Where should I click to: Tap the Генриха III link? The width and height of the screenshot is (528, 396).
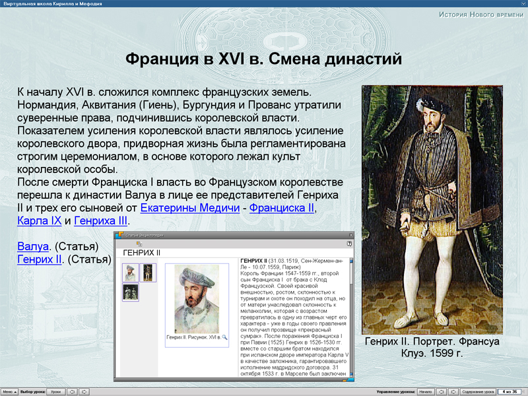[101, 220]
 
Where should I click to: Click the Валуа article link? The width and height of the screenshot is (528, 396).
[33, 246]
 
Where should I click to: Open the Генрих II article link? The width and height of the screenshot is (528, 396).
[40, 259]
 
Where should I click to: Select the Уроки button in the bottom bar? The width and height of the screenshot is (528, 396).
[56, 391]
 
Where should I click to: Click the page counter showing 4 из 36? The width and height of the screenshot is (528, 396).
[510, 391]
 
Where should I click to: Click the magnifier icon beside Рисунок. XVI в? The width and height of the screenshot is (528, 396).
[224, 337]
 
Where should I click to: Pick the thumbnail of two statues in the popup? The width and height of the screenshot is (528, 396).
[131, 292]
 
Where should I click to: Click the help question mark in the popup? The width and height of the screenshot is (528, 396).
[349, 244]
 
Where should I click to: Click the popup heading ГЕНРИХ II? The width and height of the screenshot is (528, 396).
[142, 252]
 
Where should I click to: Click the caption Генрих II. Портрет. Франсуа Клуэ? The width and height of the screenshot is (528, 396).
[432, 347]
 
